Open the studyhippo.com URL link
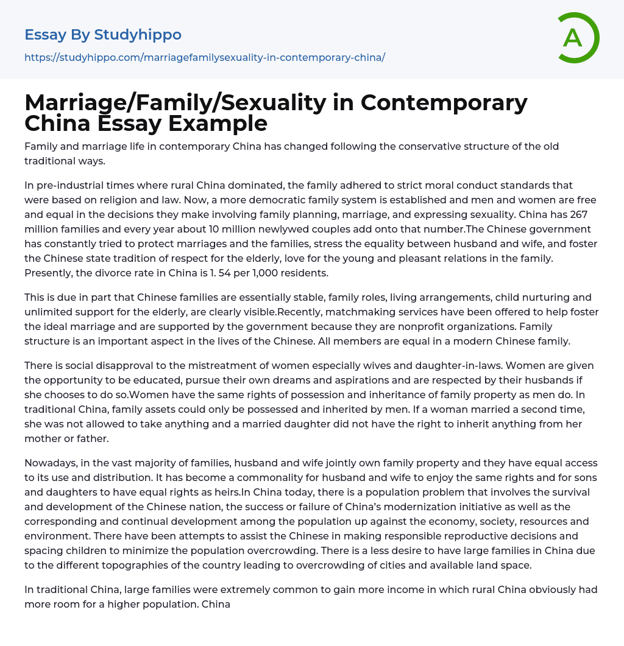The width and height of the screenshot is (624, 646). click(205, 58)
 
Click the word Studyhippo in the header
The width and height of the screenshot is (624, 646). click(138, 35)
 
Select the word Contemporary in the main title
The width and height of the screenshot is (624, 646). click(444, 103)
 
